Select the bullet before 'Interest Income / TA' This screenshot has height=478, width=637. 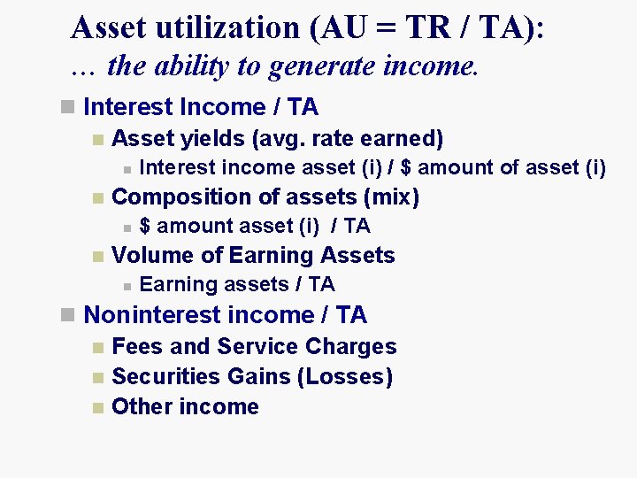pyautogui.click(x=67, y=107)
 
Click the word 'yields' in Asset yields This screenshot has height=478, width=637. pyautogui.click(x=215, y=139)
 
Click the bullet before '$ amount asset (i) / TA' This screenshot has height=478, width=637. pyautogui.click(x=127, y=227)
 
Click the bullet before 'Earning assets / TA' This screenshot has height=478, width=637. pyautogui.click(x=127, y=285)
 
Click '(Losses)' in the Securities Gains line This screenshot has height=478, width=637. pyautogui.click(x=345, y=377)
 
